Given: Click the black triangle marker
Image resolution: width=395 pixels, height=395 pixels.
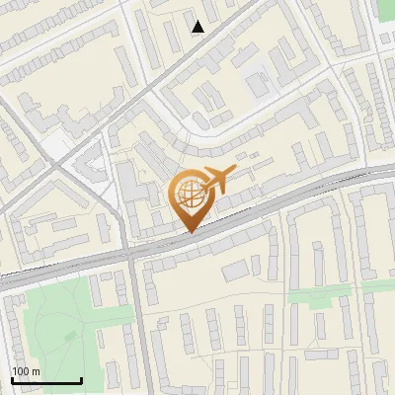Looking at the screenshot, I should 198,27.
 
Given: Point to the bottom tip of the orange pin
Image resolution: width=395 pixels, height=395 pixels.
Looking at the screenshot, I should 189,233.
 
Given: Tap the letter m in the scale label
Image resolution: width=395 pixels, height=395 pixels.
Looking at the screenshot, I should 37,371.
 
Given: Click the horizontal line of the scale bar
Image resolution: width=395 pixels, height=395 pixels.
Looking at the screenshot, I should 46,380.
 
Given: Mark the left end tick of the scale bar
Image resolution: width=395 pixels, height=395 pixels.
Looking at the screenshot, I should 12,378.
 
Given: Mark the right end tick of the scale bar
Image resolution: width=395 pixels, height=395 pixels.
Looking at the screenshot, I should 81,378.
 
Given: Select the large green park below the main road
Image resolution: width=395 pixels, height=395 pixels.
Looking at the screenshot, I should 59,321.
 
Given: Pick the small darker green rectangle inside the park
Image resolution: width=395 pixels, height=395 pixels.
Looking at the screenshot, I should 69,337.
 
